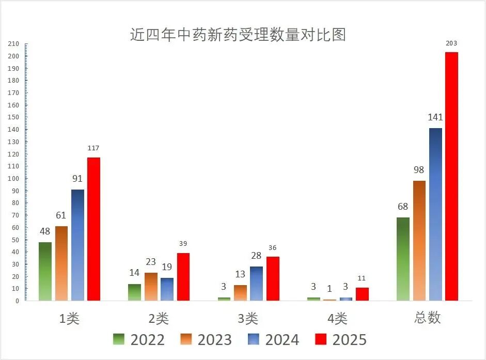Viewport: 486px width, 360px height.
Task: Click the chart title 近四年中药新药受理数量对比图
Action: coord(238,35)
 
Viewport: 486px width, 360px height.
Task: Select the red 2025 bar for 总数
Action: coord(451,176)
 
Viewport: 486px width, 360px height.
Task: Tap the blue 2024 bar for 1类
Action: coord(77,245)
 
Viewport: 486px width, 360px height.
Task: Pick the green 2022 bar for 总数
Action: coord(403,259)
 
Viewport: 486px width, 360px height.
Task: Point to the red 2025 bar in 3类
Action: coord(273,278)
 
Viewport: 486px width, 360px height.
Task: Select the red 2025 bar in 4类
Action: coord(362,294)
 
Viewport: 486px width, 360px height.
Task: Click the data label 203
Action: coord(451,43)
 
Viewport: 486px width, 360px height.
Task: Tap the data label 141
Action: coord(435,117)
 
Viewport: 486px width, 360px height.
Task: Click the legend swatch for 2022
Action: coord(119,339)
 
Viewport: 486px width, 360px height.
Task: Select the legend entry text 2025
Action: coord(349,340)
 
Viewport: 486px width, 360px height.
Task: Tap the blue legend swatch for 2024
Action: coord(254,339)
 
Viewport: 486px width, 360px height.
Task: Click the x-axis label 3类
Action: coord(248,319)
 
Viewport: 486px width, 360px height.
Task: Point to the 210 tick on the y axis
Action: coord(13,44)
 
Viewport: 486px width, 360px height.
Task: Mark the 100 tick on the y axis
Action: coord(13,179)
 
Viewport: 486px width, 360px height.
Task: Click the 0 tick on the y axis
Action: coord(17,301)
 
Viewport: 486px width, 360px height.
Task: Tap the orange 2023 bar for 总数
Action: coord(419,240)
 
